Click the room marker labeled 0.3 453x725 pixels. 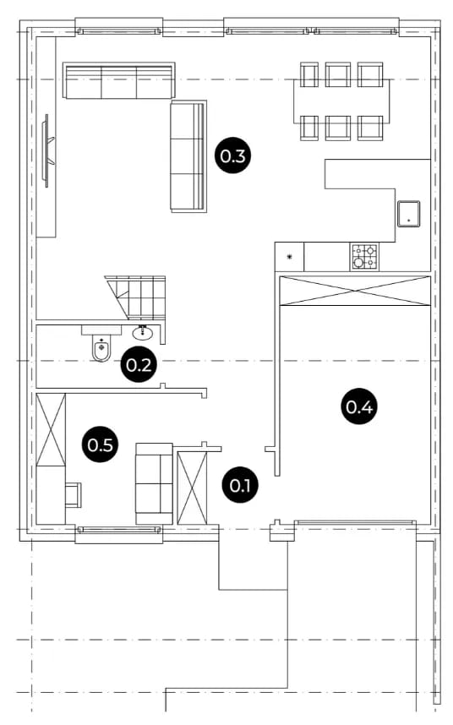[x=233, y=156]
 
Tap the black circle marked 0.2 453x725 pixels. [x=139, y=365]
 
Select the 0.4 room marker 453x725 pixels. [x=359, y=407]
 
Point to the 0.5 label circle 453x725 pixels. [x=101, y=444]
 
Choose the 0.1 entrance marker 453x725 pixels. [x=240, y=485]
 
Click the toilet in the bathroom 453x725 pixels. [x=101, y=345]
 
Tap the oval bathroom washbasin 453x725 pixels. [x=143, y=332]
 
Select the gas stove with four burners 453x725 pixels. [x=365, y=257]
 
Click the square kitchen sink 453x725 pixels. [x=408, y=214]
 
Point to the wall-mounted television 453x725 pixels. [x=48, y=150]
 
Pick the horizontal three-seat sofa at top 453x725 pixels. [x=119, y=80]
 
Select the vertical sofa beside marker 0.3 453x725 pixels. [x=188, y=156]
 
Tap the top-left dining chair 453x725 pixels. [x=309, y=74]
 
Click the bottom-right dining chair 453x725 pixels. [x=370, y=128]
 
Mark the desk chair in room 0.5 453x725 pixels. [x=74, y=494]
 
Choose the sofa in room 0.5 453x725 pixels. [x=154, y=483]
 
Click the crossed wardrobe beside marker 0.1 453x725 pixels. [x=193, y=488]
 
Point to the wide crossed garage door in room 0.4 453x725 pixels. [x=355, y=291]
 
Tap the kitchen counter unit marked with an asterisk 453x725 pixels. [x=289, y=257]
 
